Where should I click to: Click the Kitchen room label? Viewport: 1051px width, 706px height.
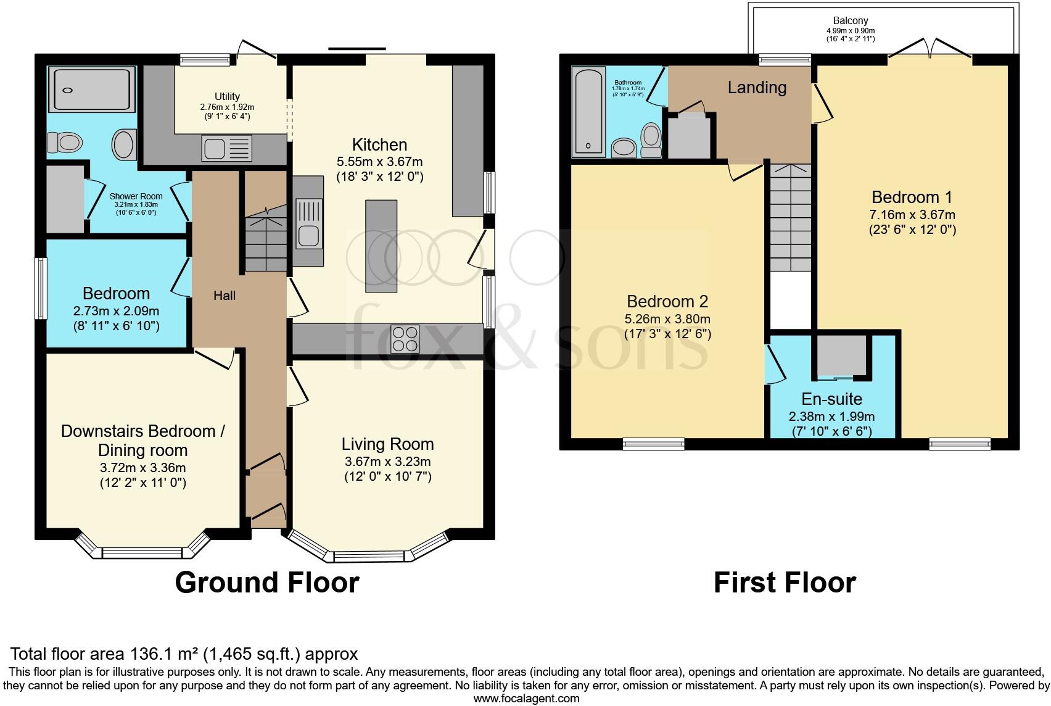click(x=379, y=145)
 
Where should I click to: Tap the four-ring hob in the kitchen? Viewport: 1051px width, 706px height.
click(x=405, y=339)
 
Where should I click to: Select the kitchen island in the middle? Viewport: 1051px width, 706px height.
click(x=381, y=246)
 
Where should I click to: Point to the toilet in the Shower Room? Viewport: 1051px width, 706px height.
click(x=64, y=143)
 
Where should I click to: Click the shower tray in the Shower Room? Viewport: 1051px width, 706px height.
click(x=91, y=90)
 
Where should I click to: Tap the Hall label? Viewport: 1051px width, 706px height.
click(x=225, y=296)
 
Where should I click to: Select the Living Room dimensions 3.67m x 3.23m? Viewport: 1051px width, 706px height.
click(x=387, y=462)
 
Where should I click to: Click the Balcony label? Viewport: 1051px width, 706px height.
click(x=851, y=21)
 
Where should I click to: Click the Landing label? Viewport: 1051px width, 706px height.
click(x=757, y=88)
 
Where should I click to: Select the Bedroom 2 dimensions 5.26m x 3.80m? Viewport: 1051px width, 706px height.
click(x=667, y=320)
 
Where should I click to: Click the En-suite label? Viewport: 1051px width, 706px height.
click(x=831, y=399)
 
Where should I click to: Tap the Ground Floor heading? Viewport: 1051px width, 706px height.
click(x=267, y=583)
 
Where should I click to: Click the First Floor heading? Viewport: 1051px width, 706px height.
click(x=785, y=583)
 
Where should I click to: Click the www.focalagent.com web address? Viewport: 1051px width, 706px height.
click(x=526, y=699)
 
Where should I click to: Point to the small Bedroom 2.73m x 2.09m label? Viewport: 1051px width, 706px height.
click(x=117, y=294)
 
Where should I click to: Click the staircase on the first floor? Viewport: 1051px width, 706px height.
click(x=790, y=216)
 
